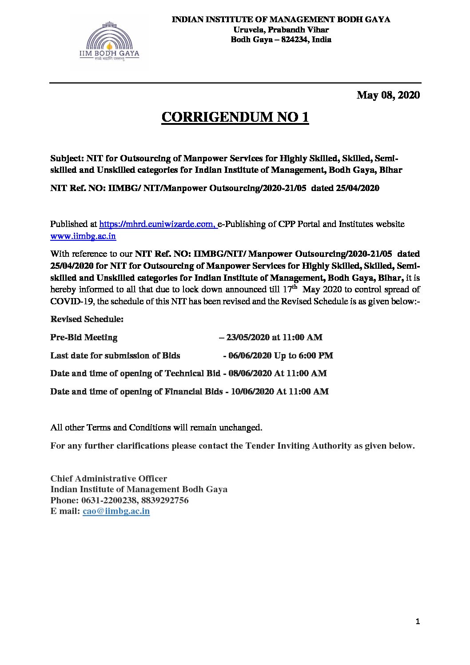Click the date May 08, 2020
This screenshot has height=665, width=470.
388,95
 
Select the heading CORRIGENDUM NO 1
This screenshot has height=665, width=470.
235,117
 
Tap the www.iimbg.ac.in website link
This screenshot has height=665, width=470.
83,236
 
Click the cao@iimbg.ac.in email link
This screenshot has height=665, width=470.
116,511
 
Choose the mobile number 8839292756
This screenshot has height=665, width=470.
165,501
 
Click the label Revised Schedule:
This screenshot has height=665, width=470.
87,319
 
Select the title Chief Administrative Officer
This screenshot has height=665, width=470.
109,479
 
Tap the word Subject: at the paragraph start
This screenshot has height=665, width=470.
67,159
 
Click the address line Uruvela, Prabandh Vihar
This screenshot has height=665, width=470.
281,30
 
